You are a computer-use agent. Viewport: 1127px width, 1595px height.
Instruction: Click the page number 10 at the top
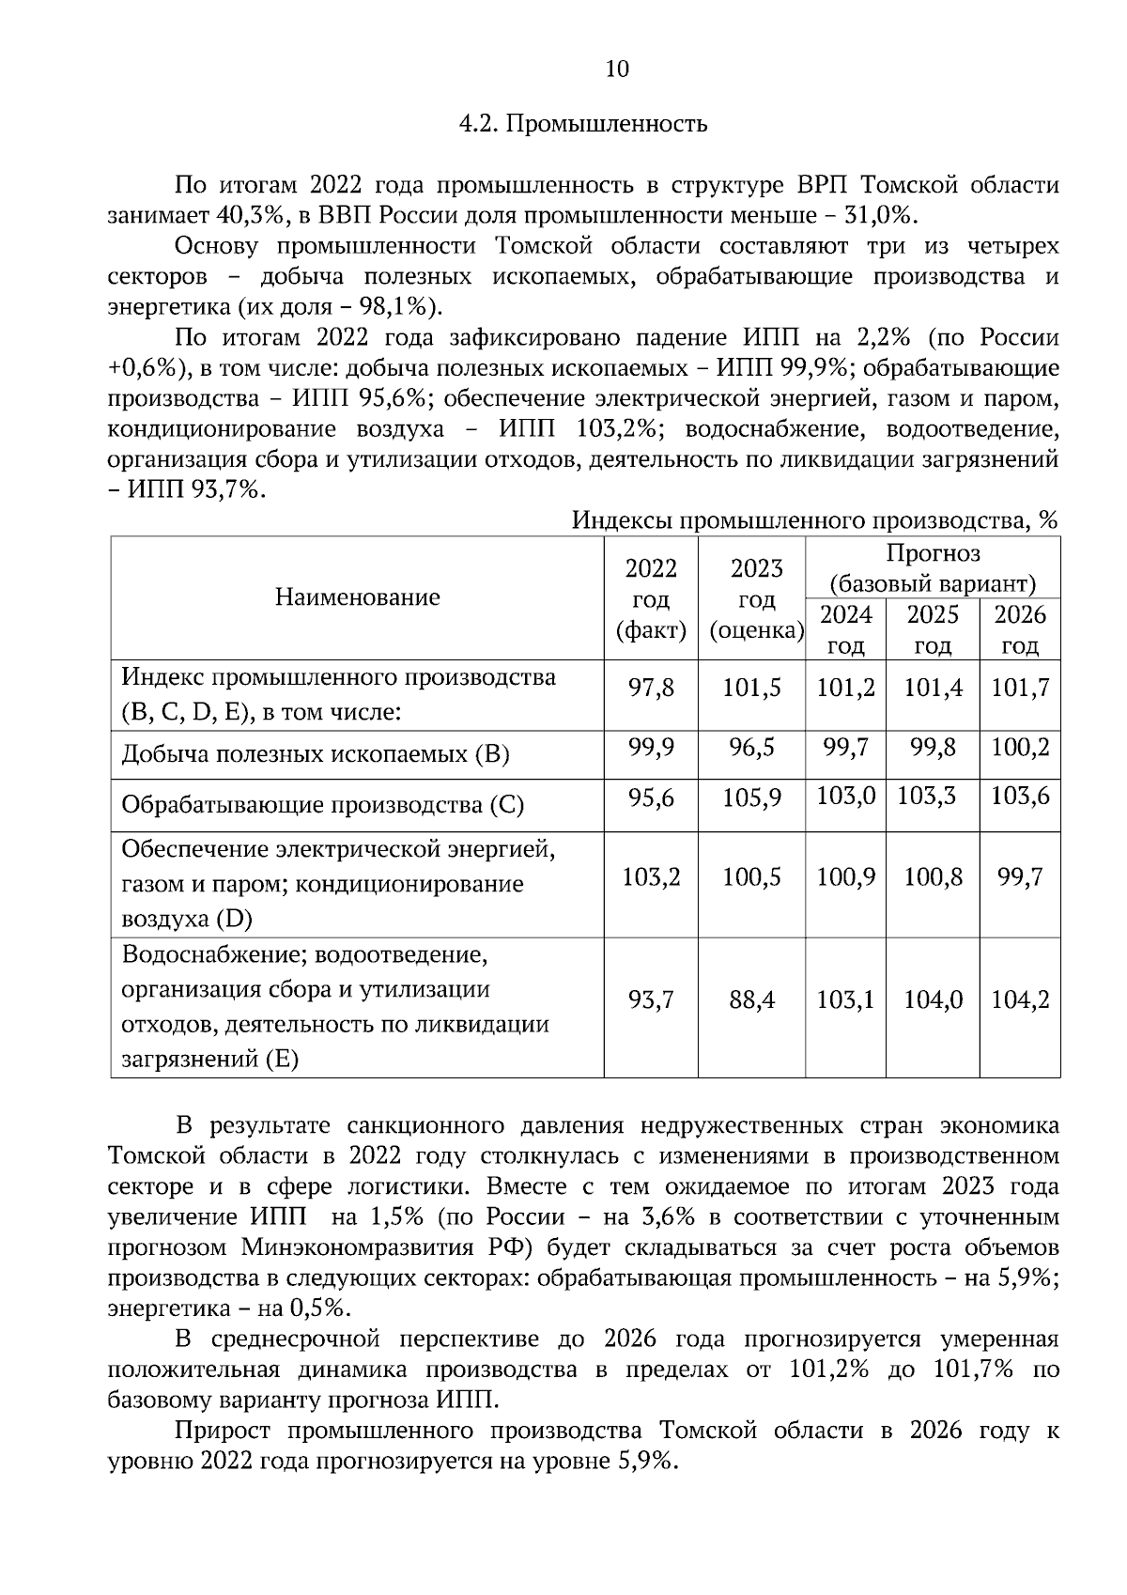tap(617, 70)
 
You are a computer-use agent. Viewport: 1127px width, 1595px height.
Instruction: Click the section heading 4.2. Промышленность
tap(582, 124)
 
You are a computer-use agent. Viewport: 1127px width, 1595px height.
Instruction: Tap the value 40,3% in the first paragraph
tap(251, 215)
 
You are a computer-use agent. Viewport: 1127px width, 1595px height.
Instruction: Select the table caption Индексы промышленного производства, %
tap(815, 519)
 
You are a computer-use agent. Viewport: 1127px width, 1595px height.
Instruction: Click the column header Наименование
tap(357, 597)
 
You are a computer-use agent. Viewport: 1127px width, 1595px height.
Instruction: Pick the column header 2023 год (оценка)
tap(756, 598)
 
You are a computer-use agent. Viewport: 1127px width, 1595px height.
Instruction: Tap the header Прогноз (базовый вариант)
tap(932, 568)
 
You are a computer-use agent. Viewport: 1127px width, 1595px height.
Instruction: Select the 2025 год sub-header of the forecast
tap(933, 629)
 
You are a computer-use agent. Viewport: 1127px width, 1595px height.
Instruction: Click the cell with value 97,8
tap(651, 689)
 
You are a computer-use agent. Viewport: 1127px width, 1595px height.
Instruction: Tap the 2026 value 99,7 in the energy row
tap(1020, 878)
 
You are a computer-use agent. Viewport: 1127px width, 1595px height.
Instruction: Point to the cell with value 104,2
tap(1020, 1000)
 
